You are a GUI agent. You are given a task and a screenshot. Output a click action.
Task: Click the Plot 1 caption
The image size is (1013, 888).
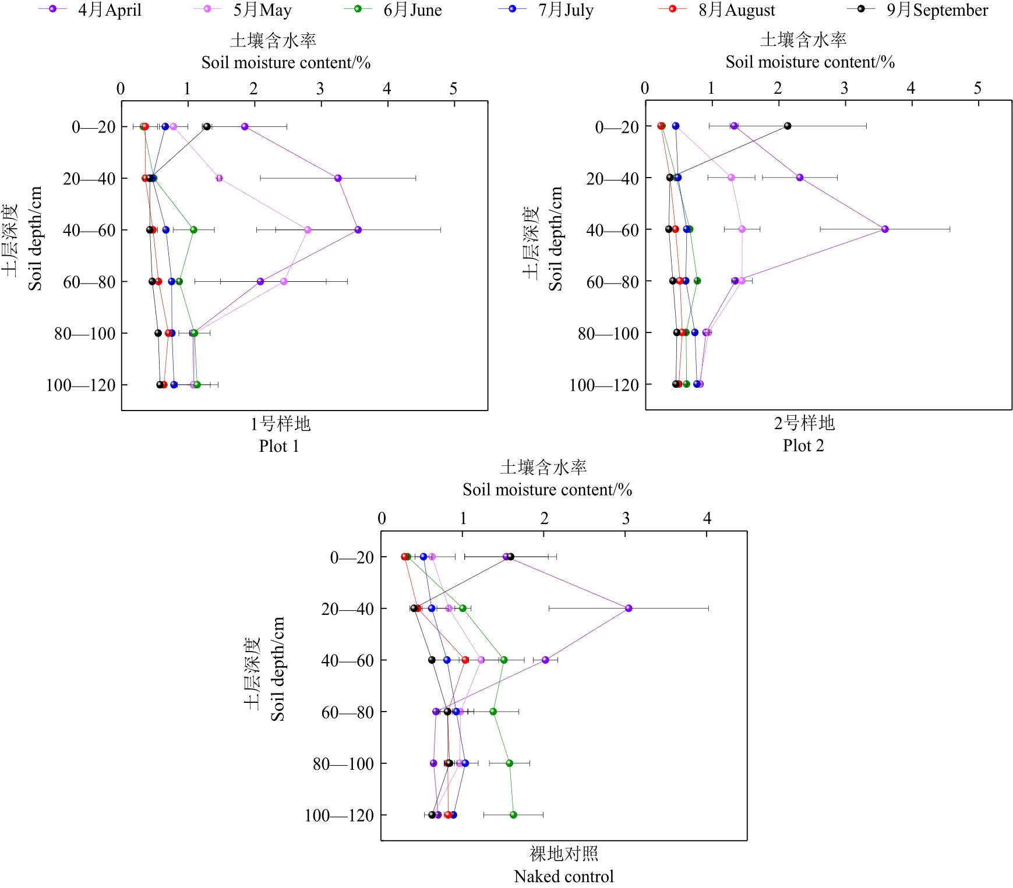(279, 446)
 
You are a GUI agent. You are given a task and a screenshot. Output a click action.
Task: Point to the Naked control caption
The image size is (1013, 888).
(563, 876)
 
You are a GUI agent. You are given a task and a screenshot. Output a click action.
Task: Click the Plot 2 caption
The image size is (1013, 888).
(803, 445)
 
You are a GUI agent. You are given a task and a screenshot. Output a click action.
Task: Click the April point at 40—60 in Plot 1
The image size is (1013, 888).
(358, 230)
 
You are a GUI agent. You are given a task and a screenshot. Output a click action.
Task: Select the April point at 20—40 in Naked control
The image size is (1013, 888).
(629, 608)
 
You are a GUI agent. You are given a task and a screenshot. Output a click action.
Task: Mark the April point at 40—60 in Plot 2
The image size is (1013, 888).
(885, 229)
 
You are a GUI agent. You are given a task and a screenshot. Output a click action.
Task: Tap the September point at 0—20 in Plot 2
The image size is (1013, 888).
(788, 126)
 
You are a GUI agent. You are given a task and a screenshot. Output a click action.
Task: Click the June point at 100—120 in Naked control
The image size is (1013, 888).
(513, 815)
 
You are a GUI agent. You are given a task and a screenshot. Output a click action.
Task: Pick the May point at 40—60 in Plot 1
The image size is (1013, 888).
(308, 230)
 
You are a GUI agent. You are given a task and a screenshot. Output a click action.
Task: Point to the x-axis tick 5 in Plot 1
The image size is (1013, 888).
(453, 89)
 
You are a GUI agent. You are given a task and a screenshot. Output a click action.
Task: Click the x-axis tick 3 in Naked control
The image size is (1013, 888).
(626, 518)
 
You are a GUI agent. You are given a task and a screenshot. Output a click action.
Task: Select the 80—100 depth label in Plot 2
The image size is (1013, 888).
(608, 333)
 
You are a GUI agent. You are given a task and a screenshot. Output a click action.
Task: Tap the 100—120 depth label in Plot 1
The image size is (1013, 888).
(81, 385)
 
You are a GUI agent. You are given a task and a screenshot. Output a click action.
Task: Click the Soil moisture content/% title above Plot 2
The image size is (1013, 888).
(810, 62)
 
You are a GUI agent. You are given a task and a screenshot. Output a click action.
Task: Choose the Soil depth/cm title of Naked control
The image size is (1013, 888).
(278, 669)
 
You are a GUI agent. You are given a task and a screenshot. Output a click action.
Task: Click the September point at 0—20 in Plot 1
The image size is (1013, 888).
(206, 126)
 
